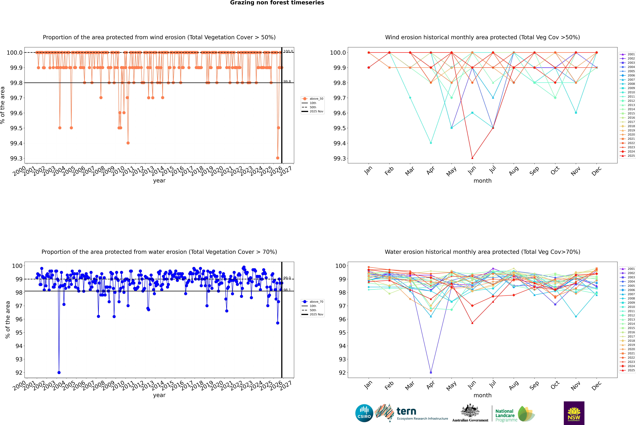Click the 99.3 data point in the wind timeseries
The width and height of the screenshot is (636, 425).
[x=278, y=158]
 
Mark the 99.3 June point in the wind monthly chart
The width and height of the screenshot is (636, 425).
[x=472, y=158]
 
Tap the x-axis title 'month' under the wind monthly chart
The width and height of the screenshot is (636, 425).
[x=482, y=181]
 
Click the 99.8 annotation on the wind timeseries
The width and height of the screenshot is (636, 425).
[x=287, y=82]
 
